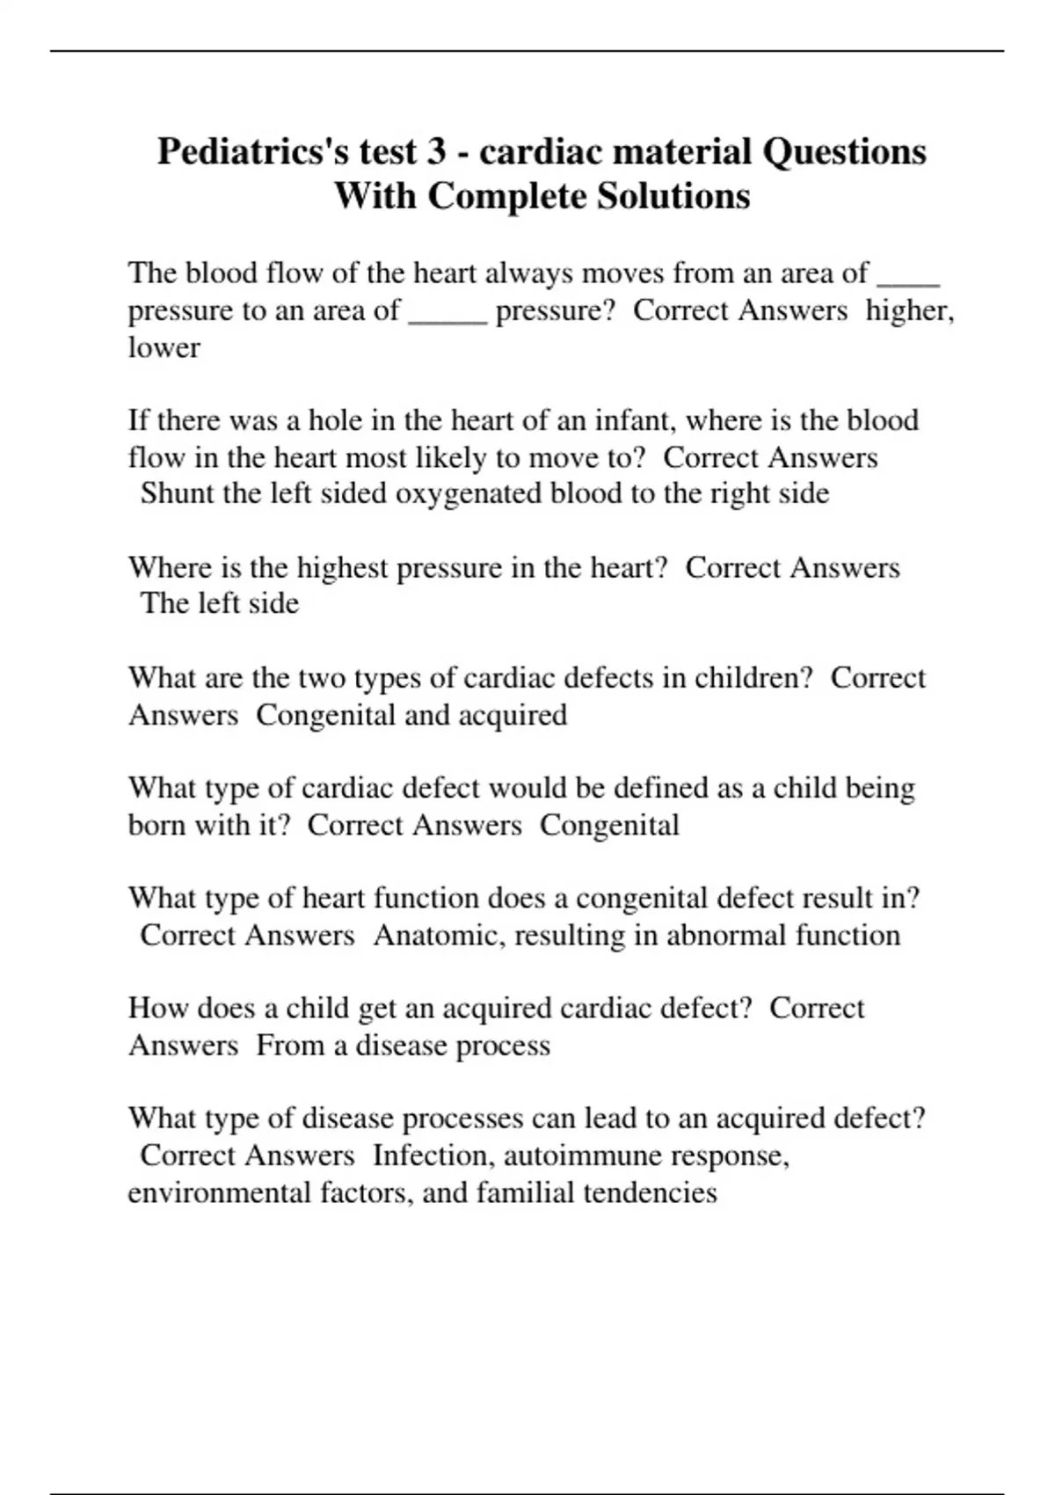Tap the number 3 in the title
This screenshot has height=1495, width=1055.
436,152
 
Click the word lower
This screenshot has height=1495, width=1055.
164,347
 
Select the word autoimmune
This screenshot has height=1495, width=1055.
571,1155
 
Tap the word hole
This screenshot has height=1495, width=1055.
334,420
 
